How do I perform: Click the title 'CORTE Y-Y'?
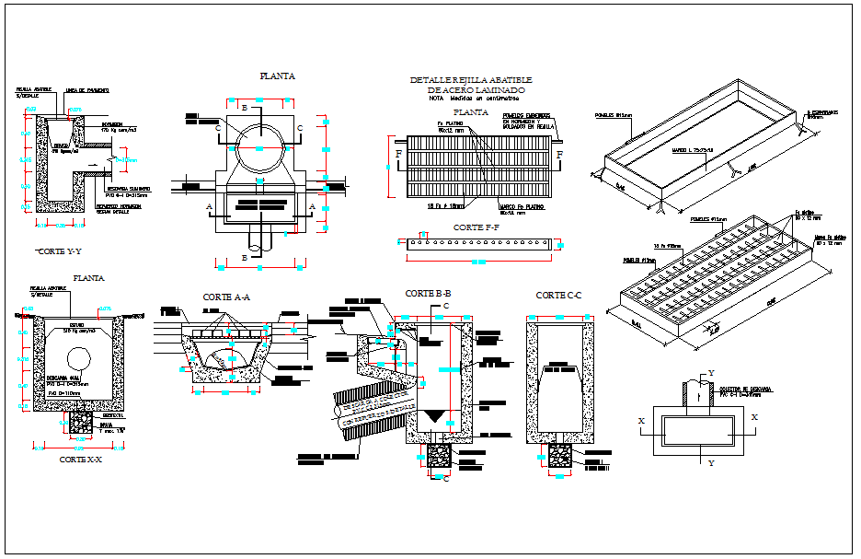61,250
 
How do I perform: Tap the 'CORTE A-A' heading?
228,297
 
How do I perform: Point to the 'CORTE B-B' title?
428,294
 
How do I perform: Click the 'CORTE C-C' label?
560,295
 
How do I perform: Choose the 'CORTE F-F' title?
476,227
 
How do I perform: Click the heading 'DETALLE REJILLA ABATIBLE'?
471,80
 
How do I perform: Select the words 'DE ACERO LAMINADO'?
476,89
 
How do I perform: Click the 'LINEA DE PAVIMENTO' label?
87,91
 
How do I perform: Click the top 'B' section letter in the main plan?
243,108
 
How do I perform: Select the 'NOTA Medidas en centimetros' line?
472,99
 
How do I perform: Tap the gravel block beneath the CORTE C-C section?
559,456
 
